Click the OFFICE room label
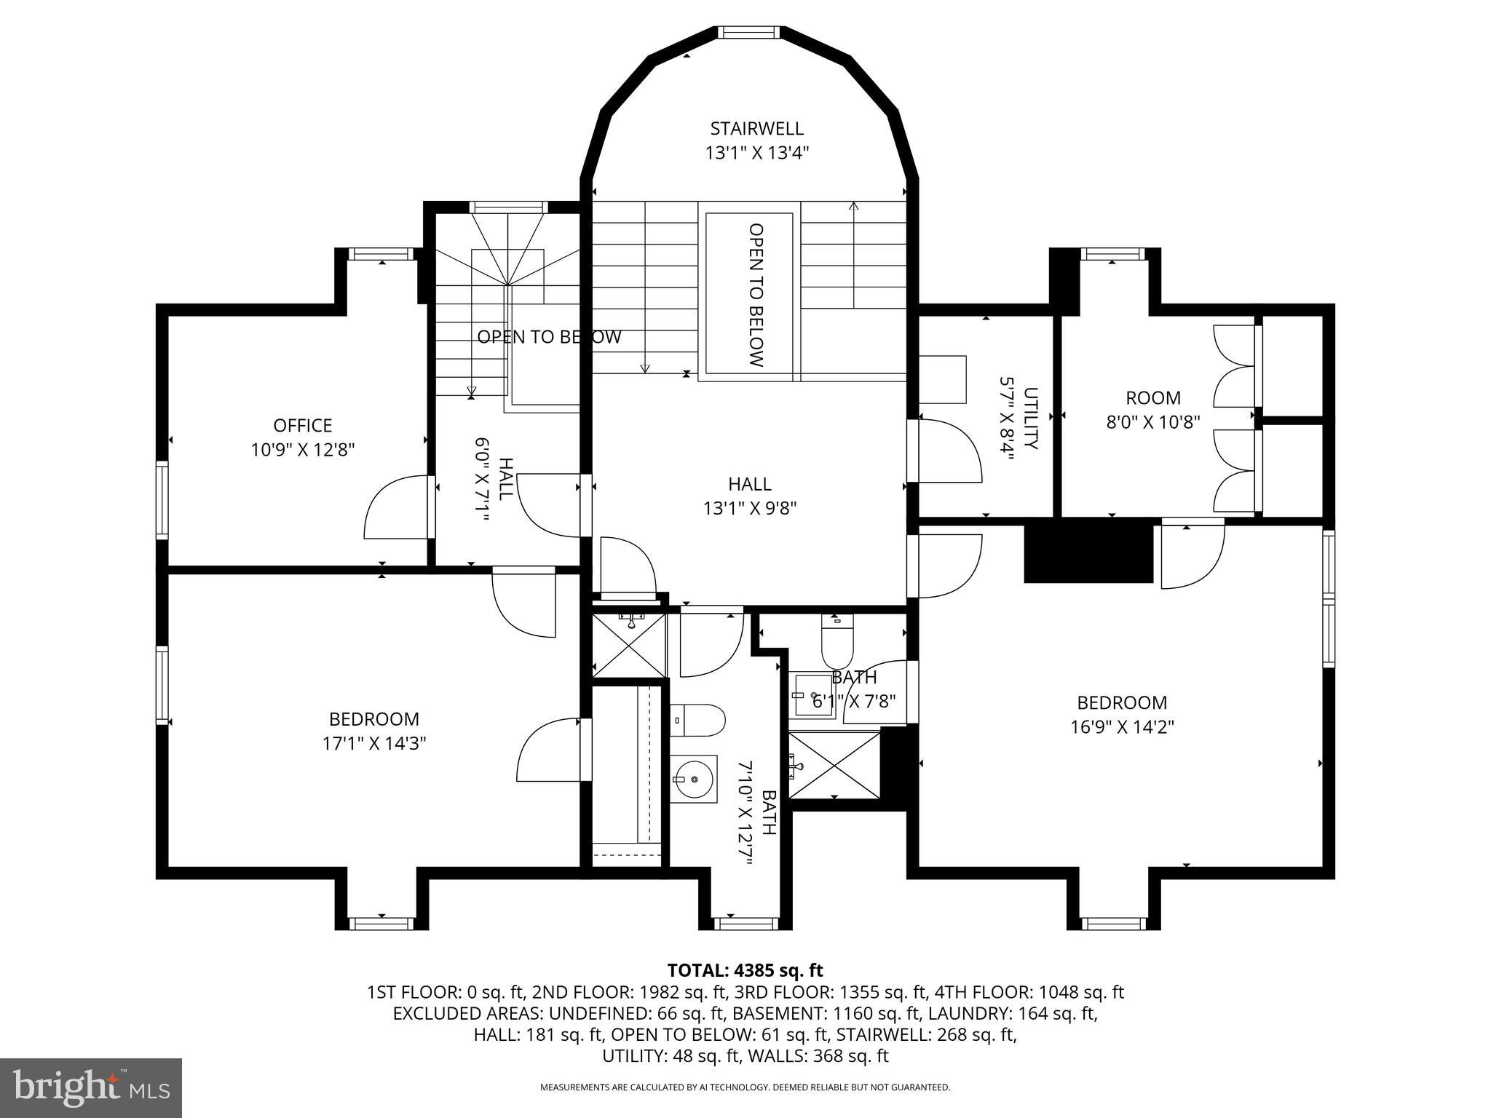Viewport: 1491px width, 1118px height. [x=302, y=425]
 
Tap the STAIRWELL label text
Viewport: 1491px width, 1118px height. [x=757, y=129]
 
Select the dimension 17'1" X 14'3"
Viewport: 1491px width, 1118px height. [x=374, y=743]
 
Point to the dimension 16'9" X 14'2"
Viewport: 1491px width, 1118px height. [x=1122, y=726]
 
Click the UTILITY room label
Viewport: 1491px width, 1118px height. [x=1031, y=418]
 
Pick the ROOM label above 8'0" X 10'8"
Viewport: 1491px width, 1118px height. [x=1153, y=398]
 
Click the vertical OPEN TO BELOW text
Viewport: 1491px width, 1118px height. [x=756, y=295]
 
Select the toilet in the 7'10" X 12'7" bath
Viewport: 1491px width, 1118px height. [x=697, y=720]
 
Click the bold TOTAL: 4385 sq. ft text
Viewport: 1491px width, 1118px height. [x=745, y=970]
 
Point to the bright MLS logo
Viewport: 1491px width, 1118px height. [x=91, y=1088]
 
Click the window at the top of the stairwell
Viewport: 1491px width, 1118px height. [x=748, y=32]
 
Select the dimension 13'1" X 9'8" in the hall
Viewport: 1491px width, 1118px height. [x=750, y=508]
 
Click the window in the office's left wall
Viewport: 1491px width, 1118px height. [x=162, y=500]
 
